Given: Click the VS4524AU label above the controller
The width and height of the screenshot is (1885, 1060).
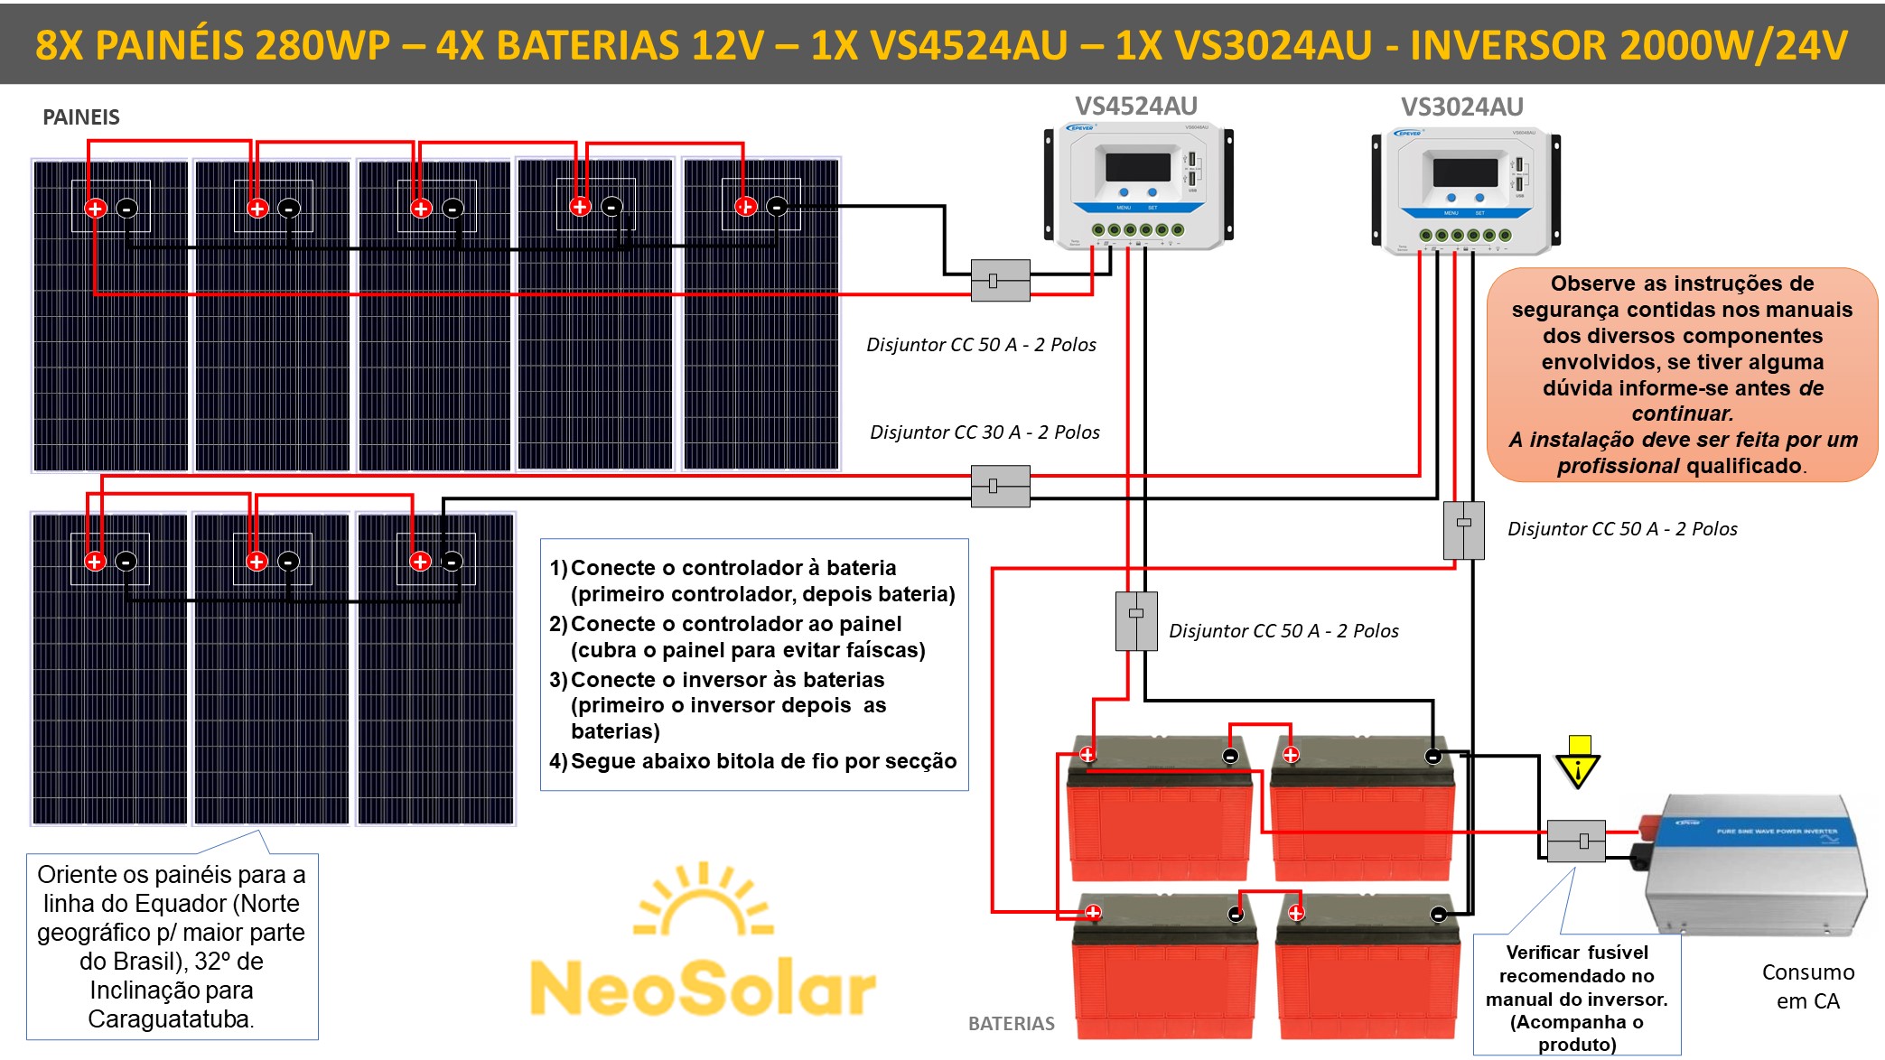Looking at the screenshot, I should click(1135, 107).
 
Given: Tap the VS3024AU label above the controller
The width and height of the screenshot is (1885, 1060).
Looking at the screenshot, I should click(1461, 107).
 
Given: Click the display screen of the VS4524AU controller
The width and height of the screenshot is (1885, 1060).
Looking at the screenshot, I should click(1137, 167).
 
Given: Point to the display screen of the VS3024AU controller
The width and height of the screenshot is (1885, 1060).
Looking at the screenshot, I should click(1464, 172).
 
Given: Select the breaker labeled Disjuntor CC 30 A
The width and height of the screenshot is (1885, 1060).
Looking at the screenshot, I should click(1000, 486).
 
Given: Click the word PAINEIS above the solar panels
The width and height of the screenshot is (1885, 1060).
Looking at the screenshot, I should click(81, 117).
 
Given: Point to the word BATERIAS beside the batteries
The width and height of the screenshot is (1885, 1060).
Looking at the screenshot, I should click(1011, 1024).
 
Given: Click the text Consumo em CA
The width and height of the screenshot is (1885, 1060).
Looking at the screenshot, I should click(1807, 986).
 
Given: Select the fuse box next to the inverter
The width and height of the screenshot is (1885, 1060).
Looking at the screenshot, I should click(1576, 841).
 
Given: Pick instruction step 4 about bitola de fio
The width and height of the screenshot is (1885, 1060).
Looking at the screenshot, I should click(753, 761).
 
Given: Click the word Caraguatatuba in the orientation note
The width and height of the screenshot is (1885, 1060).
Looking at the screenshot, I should click(171, 1019).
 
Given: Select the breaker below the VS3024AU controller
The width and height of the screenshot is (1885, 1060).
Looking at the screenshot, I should click(1463, 530).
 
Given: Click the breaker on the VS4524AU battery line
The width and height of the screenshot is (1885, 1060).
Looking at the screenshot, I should click(1136, 620).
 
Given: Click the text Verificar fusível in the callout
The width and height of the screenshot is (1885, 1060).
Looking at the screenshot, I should click(1577, 953).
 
